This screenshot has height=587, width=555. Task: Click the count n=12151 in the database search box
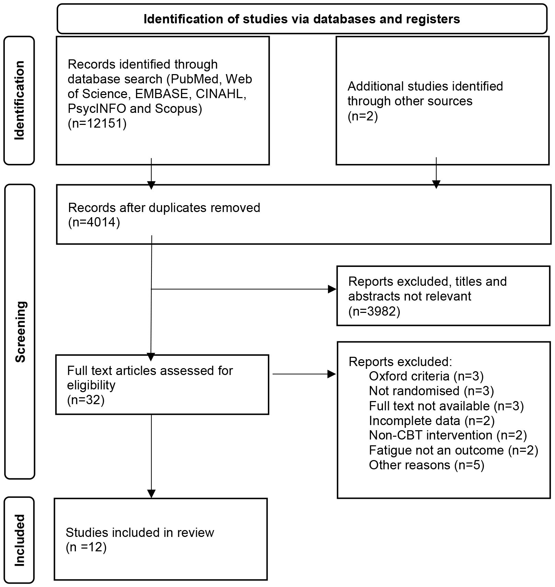[x=97, y=123]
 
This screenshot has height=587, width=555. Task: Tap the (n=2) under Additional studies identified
[x=362, y=116]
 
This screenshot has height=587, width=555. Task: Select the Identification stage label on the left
[x=19, y=100]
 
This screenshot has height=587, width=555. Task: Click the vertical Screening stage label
[x=20, y=331]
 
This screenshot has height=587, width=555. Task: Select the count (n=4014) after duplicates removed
[x=94, y=222]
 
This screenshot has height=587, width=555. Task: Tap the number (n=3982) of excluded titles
[x=374, y=311]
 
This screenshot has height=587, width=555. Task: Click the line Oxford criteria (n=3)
[x=426, y=376]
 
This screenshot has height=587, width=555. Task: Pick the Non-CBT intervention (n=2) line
[x=448, y=435]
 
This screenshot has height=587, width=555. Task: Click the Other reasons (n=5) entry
[x=426, y=465]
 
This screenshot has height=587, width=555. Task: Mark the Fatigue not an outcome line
[x=453, y=450]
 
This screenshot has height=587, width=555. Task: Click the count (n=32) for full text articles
[x=86, y=400]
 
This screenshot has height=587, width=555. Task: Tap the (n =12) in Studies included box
[x=86, y=547]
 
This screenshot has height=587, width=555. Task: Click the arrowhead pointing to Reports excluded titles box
[x=332, y=289]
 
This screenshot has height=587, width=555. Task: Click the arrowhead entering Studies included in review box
[x=151, y=493]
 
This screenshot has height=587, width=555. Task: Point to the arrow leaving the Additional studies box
[x=436, y=172]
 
